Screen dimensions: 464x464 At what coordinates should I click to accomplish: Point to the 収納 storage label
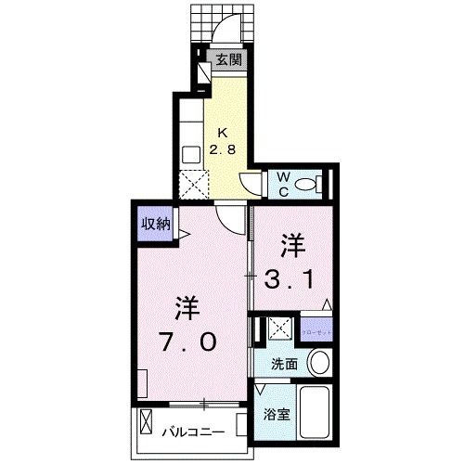[155, 223]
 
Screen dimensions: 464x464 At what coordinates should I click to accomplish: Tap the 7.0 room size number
[189, 342]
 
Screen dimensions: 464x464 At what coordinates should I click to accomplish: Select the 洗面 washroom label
[284, 364]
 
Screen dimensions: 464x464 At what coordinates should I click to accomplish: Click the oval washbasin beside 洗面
[319, 363]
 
